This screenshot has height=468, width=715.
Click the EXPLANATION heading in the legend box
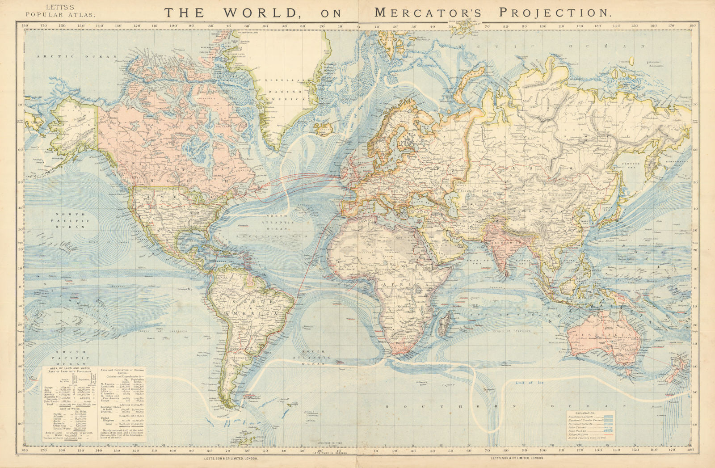click(590, 413)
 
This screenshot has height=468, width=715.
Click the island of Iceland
click(325, 130)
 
